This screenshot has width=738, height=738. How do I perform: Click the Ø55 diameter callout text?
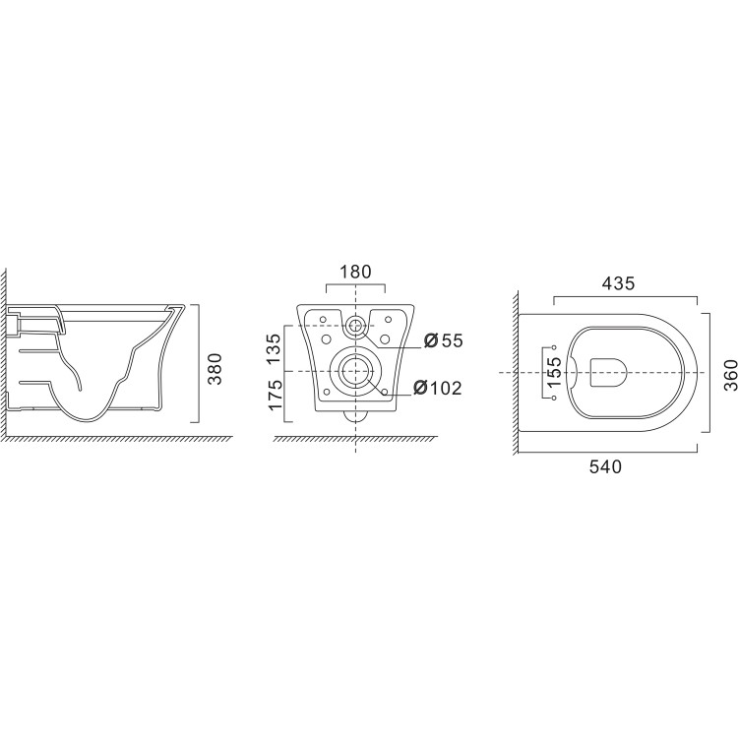click(442, 341)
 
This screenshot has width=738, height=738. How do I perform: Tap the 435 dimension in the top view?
click(619, 282)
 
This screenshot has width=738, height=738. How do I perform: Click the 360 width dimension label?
click(729, 373)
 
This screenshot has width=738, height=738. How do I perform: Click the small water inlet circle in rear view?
click(354, 325)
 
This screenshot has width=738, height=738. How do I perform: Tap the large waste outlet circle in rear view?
click(354, 371)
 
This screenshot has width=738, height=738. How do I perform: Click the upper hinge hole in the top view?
click(556, 348)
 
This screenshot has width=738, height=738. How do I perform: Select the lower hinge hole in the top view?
click(556, 399)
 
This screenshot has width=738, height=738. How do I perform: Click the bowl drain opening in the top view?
click(609, 373)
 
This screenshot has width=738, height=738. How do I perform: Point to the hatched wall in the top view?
click(513, 374)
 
